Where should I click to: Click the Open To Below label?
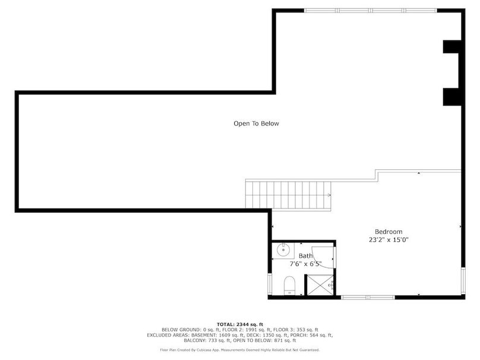coord(255,124)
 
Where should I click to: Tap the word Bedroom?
coord(389,232)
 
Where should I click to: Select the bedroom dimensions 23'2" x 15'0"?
coord(389,240)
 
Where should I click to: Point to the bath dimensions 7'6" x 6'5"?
coord(305,264)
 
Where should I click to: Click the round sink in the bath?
coord(283,251)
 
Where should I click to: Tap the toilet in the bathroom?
coord(289,285)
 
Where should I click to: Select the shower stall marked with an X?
coord(320,286)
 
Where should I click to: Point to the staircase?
coord(288,194)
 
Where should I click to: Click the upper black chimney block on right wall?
coord(451,48)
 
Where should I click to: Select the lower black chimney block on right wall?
coord(451,96)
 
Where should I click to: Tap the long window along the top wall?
coord(370,10)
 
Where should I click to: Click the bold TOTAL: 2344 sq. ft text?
coord(239,324)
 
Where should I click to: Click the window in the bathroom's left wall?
coord(271,284)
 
